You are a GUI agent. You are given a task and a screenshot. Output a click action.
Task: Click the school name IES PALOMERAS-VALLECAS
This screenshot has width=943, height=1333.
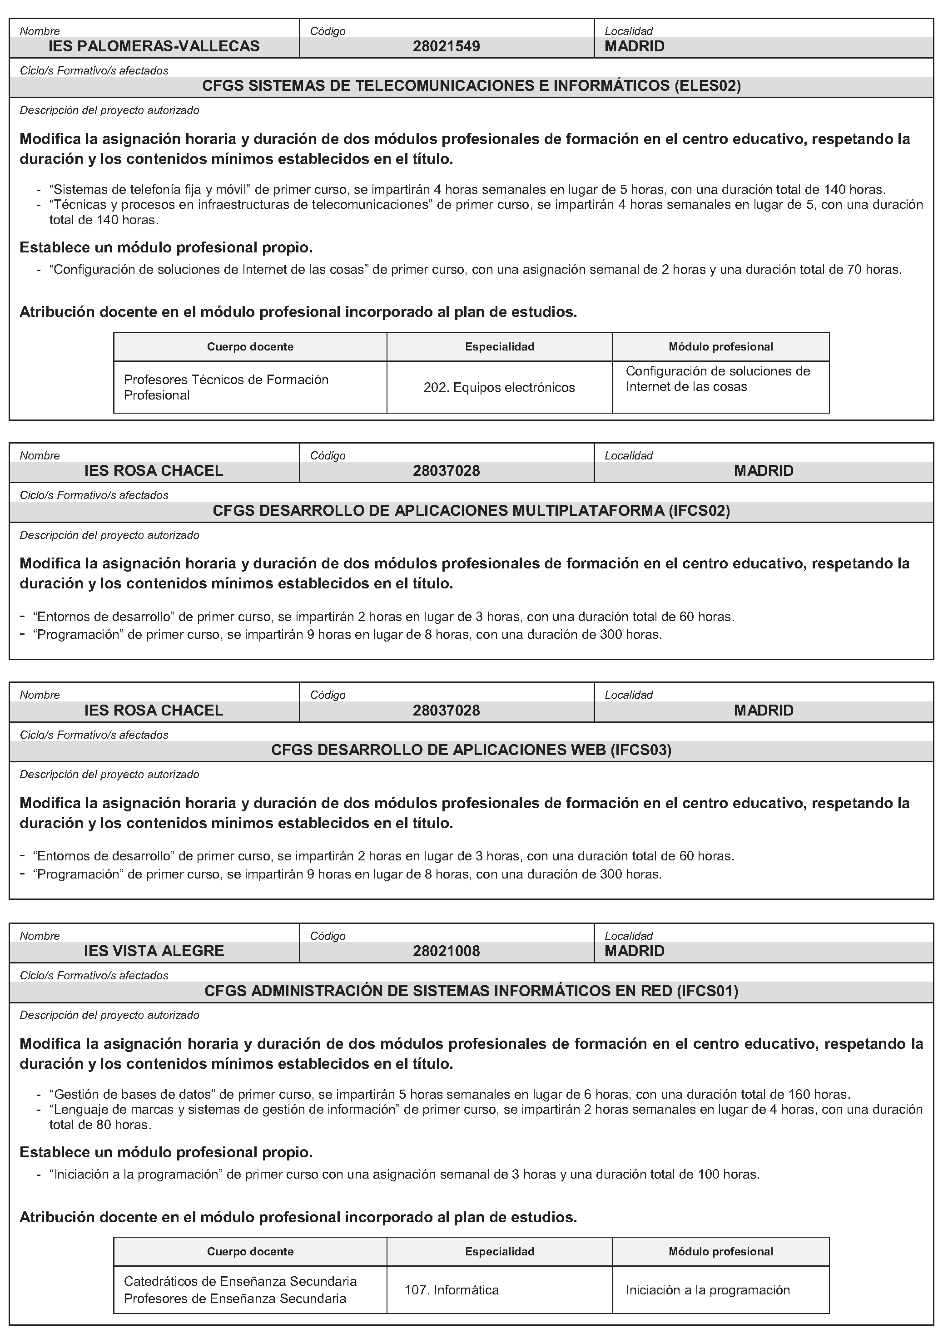tap(154, 46)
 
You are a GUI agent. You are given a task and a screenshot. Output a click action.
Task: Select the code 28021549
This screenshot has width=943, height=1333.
tap(446, 46)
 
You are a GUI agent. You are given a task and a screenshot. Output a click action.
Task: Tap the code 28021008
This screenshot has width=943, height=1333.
tap(446, 951)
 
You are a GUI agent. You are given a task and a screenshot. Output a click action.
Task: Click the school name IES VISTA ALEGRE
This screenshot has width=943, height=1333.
tap(154, 951)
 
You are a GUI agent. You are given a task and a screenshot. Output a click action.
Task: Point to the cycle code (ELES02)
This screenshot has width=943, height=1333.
tap(707, 86)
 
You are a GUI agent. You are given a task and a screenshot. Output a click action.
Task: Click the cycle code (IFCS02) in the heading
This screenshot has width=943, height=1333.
tap(699, 511)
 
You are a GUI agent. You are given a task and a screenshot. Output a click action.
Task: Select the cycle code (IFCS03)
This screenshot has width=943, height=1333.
tap(640, 750)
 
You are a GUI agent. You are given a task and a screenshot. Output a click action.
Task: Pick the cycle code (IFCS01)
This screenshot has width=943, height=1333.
tap(707, 991)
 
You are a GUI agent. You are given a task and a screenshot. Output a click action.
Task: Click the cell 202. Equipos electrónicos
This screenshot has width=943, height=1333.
tap(499, 387)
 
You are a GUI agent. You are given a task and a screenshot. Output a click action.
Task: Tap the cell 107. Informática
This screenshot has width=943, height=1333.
tap(452, 1290)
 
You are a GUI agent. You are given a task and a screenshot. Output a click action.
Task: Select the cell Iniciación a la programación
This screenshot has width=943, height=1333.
tap(708, 1290)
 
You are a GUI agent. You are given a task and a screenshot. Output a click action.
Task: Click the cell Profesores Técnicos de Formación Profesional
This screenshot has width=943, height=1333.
tap(226, 387)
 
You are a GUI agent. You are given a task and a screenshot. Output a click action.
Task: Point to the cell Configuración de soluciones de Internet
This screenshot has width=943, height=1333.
tap(718, 379)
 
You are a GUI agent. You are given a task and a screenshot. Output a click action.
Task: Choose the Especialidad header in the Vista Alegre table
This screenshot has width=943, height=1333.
tap(500, 1252)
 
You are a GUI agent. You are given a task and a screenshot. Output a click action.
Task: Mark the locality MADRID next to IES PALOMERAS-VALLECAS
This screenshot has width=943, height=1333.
tap(635, 46)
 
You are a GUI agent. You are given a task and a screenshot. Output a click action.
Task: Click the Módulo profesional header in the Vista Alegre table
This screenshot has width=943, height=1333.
tap(720, 1252)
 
